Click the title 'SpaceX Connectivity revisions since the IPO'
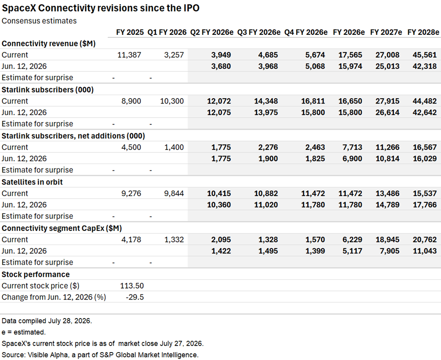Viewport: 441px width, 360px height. [101, 8]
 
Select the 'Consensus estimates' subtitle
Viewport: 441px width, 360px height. [39, 21]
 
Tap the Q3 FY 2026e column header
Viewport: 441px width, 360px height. [259, 32]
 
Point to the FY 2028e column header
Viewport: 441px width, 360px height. [423, 32]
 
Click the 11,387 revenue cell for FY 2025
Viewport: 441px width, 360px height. [129, 55]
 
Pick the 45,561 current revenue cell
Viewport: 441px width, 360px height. [425, 55]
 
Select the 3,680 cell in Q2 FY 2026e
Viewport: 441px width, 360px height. [221, 67]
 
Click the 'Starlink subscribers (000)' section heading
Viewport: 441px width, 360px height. [48, 89]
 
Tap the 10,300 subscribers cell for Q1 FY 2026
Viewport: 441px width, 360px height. [172, 101]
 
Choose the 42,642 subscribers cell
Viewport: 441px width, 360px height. [425, 112]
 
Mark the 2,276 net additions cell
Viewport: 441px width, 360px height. [268, 147]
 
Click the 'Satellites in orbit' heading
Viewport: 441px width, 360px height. [32, 182]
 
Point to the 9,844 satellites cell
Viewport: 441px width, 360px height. [174, 193]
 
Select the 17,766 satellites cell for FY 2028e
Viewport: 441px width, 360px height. [425, 205]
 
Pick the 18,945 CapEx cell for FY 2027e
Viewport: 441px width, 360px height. [387, 240]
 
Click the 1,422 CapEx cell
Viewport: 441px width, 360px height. [221, 251]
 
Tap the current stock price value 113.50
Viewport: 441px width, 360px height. [132, 286]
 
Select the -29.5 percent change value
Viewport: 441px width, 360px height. [135, 297]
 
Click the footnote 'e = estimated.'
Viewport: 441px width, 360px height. [24, 332]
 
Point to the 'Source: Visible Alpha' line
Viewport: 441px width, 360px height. [100, 355]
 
